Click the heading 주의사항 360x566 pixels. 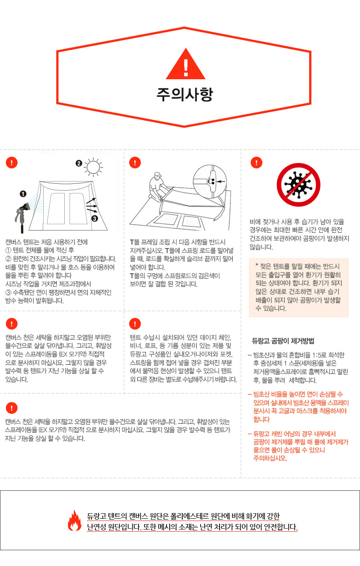(x=185, y=94)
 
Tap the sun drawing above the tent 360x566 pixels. (x=93, y=167)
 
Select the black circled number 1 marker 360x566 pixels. (x=23, y=194)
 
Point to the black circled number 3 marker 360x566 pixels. (x=94, y=218)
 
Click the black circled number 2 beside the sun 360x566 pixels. (x=79, y=163)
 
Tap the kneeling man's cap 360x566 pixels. (x=157, y=174)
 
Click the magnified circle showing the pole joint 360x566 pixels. (x=210, y=181)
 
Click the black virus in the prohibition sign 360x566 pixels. (x=298, y=185)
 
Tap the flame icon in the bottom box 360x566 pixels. (x=74, y=521)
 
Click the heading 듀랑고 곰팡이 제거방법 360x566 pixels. (x=283, y=341)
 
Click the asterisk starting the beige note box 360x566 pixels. (x=257, y=265)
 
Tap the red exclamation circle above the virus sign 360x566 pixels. (x=256, y=163)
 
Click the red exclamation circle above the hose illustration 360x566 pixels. (x=12, y=163)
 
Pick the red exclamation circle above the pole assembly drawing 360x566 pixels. (x=135, y=163)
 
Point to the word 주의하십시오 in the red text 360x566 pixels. (x=270, y=458)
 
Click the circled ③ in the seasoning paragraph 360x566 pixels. (x=9, y=292)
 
